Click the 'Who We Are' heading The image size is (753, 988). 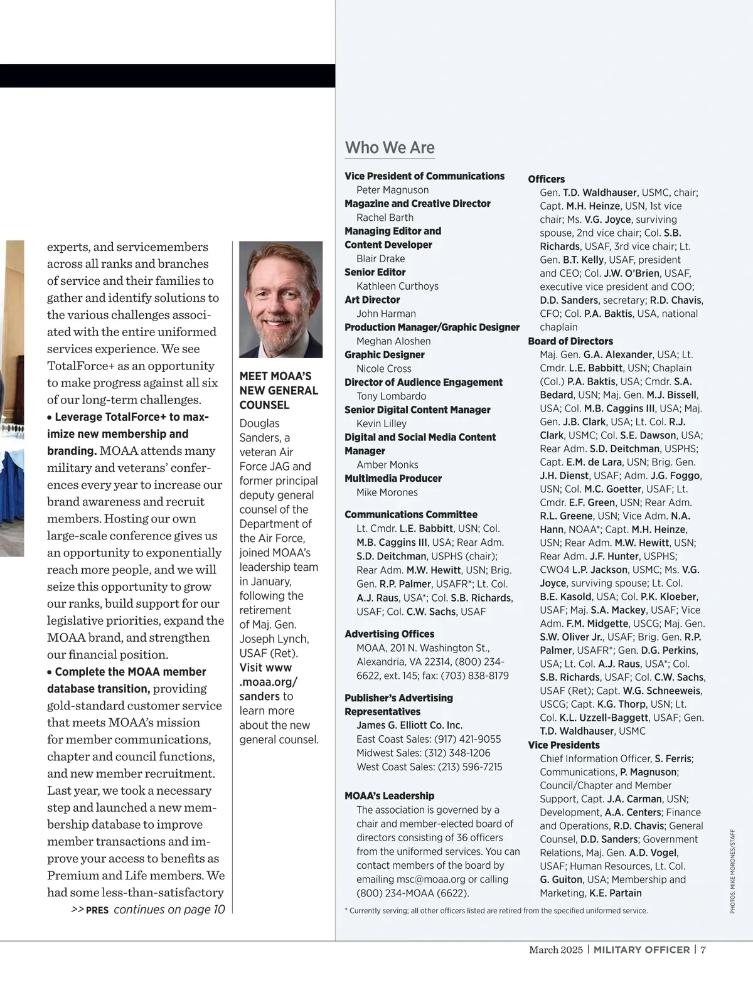390,148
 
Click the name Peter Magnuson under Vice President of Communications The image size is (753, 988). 392,190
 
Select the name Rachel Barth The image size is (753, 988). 385,218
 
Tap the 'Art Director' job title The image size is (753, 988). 372,300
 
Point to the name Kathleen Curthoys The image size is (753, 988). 397,286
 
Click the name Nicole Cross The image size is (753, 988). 383,369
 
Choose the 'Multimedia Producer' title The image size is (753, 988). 393,479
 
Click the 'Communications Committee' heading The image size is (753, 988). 411,514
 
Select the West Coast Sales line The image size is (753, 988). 429,767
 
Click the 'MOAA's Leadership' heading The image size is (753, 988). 389,796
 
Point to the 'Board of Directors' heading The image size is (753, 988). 570,341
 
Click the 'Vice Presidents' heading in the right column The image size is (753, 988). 563,745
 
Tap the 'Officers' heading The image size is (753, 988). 546,179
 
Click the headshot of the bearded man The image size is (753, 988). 280,299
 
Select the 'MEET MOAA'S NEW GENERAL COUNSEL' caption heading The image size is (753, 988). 279,391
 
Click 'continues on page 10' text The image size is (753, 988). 169,910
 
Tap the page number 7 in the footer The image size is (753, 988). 703,950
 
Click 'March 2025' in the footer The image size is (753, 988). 555,950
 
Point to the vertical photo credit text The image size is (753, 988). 732,871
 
